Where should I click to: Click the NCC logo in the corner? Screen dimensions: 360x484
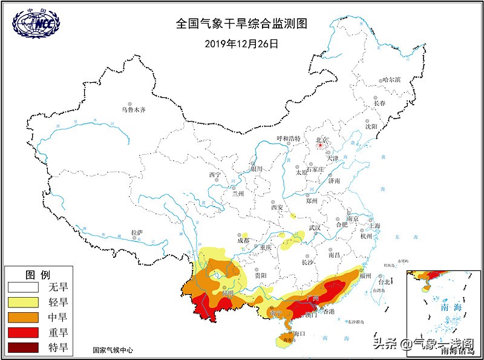(x=36, y=23)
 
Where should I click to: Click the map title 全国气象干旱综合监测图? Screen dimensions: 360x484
(x=242, y=24)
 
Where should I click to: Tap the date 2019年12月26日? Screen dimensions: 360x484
(x=241, y=44)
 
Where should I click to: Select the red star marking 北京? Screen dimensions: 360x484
(x=320, y=145)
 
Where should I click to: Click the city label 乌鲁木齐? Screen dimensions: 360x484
(x=134, y=110)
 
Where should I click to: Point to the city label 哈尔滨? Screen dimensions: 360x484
(x=392, y=80)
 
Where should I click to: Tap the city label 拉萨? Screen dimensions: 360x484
(x=138, y=232)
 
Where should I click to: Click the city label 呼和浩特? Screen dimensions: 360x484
(x=288, y=139)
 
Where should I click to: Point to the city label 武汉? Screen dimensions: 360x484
(x=315, y=228)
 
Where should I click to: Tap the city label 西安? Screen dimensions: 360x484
(x=277, y=207)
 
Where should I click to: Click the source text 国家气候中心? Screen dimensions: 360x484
(x=113, y=350)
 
